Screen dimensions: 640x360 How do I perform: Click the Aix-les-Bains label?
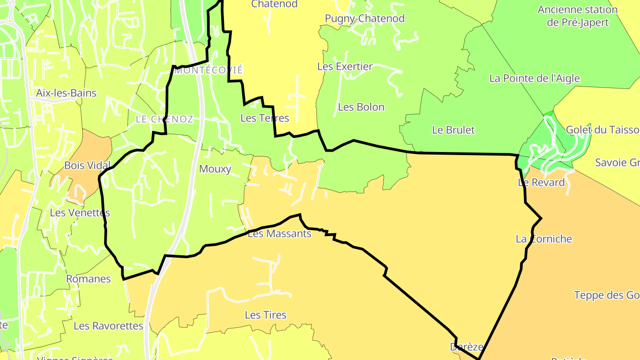pyautogui.click(x=66, y=93)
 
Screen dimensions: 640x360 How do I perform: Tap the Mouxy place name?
pyautogui.click(x=215, y=169)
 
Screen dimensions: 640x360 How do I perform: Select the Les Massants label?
pyautogui.click(x=279, y=233)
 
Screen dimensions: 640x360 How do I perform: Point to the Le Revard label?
pyautogui.click(x=541, y=182)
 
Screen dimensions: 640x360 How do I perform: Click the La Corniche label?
pyautogui.click(x=544, y=239)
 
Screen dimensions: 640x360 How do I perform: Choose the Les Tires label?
pyautogui.click(x=266, y=315)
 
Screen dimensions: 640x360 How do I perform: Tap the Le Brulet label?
pyautogui.click(x=453, y=130)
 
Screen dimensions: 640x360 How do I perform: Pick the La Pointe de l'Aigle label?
pyautogui.click(x=534, y=79)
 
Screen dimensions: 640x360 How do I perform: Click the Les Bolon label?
pyautogui.click(x=361, y=107)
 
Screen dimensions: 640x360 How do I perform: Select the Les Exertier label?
pyautogui.click(x=345, y=67)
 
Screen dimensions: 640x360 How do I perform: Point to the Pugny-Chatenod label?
pyautogui.click(x=364, y=19)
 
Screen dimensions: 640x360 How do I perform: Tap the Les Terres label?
pyautogui.click(x=264, y=118)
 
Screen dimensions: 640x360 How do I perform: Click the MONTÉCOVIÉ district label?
pyautogui.click(x=208, y=70)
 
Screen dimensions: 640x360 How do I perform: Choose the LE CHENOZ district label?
pyautogui.click(x=164, y=119)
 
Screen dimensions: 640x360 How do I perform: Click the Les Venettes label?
pyautogui.click(x=80, y=212)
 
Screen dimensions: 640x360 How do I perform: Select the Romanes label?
pyautogui.click(x=88, y=279)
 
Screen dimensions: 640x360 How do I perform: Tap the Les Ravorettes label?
pyautogui.click(x=108, y=326)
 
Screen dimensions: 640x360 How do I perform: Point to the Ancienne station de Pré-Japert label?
pyautogui.click(x=577, y=16)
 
